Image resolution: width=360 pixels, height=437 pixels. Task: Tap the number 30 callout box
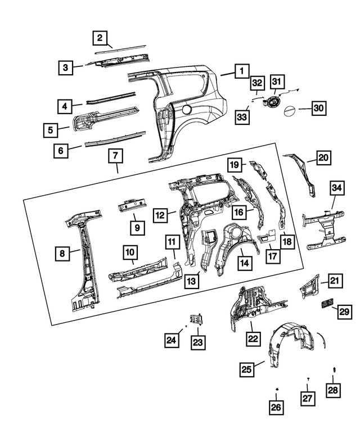(318, 107)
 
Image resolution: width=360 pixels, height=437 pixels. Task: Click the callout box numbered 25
(246, 369)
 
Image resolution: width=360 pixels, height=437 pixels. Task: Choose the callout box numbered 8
(63, 254)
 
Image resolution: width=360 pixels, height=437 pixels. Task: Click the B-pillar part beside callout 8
(85, 259)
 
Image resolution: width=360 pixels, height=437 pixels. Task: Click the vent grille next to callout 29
(327, 304)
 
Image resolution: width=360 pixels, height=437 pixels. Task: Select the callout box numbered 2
(100, 38)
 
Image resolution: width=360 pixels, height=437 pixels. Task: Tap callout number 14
(245, 262)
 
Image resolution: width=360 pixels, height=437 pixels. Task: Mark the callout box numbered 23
(198, 341)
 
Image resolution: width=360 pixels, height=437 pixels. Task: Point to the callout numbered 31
(276, 82)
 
